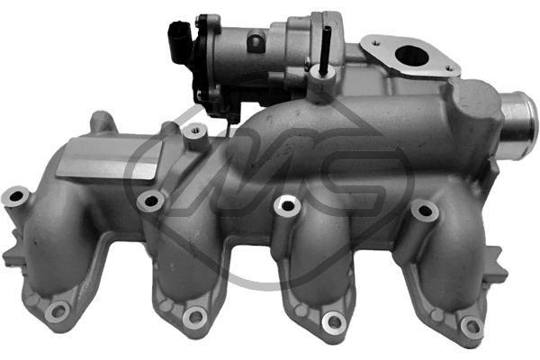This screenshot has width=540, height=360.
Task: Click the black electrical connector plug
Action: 179,41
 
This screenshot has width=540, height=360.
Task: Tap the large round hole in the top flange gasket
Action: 411,56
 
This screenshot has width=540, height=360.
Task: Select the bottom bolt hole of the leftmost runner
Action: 58,311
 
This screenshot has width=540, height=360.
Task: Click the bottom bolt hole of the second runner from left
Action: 195,318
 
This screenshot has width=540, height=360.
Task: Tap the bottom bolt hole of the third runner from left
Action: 334,322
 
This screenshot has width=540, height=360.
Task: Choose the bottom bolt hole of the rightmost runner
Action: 472,325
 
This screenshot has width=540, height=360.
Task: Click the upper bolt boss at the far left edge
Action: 15,196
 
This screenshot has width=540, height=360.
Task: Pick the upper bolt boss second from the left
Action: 151,202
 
